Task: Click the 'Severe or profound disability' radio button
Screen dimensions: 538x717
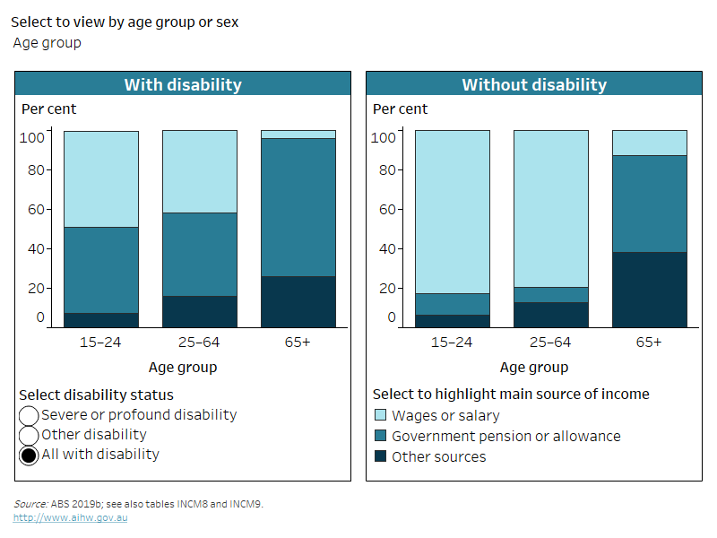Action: click(29, 416)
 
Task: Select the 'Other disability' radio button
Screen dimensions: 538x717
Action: click(29, 436)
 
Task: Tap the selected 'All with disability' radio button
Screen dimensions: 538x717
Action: click(29, 456)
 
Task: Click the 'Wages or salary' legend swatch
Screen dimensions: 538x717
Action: click(380, 416)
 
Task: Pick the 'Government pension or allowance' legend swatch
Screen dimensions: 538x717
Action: click(380, 437)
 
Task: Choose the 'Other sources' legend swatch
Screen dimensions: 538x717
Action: click(380, 456)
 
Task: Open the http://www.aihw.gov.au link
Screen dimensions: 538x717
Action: click(70, 518)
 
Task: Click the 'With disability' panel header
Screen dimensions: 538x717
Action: click(183, 85)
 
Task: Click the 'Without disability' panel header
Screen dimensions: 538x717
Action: click(534, 85)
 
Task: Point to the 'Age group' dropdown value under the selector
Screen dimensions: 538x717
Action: click(47, 43)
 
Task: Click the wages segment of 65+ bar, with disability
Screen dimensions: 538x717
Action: click(298, 134)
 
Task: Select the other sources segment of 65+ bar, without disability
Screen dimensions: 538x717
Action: click(650, 290)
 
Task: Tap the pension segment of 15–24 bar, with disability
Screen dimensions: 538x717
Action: click(101, 270)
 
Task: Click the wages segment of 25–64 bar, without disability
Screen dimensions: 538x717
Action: click(551, 209)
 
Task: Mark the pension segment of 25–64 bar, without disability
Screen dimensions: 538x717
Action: click(551, 295)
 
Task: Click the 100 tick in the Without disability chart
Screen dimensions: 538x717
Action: click(384, 137)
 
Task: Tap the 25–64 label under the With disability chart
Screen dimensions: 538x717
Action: click(199, 343)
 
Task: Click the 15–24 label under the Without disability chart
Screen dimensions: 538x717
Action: click(452, 343)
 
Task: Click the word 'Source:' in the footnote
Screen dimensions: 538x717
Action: click(30, 504)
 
